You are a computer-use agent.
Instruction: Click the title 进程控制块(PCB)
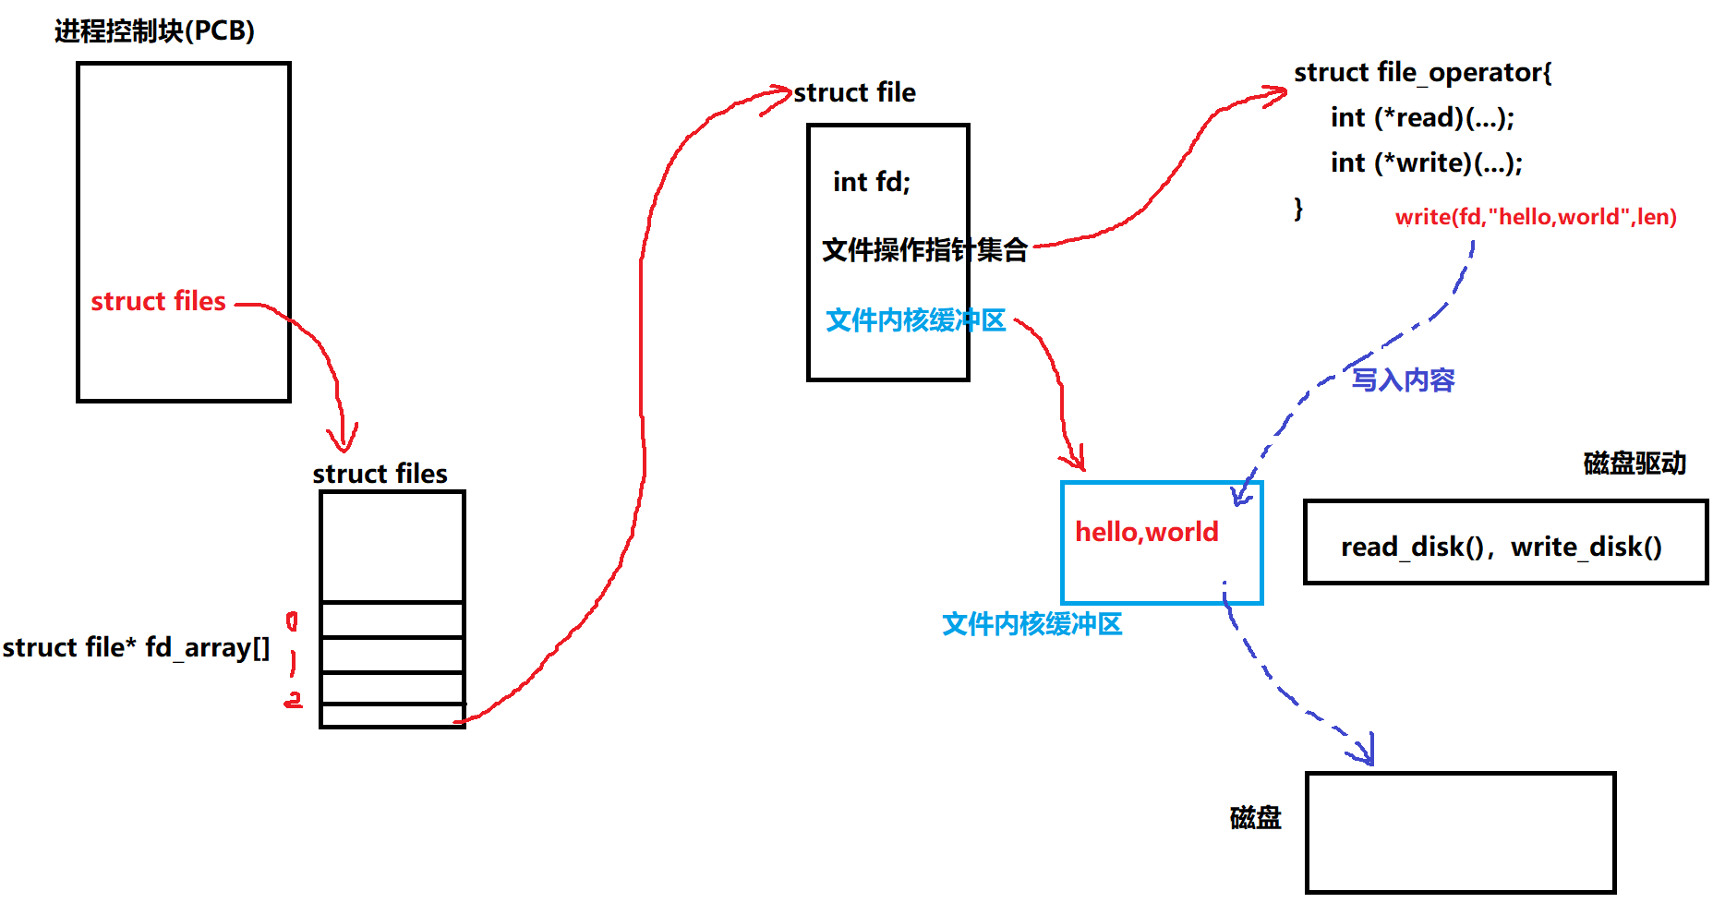154,31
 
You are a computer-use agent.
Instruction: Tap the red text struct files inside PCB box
158,301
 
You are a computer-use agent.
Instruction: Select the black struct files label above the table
380,474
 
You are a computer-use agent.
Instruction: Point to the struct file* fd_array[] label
136,647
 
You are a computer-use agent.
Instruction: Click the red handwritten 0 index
292,621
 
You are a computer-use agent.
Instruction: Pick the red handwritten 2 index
293,700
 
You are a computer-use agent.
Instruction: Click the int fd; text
871,182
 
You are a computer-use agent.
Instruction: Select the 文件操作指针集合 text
924,249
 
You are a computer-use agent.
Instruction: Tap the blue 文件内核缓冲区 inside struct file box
915,320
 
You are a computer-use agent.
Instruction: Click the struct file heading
854,92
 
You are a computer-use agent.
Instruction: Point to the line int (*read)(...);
1422,117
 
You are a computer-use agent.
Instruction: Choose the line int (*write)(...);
1426,163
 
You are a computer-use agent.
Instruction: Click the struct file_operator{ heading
1422,72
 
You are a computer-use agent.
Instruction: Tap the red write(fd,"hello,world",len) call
1535,217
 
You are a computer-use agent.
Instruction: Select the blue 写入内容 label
1403,379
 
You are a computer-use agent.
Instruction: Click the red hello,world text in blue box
1146,532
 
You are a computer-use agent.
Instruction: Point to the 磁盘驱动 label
1635,463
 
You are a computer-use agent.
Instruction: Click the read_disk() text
1411,547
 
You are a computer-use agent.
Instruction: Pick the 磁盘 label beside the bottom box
1255,817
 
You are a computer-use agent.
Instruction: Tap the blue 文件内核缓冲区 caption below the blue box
1031,624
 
